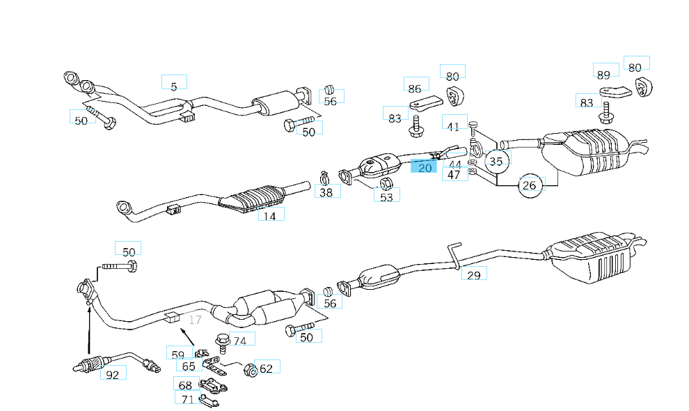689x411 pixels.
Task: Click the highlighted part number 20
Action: click(425, 167)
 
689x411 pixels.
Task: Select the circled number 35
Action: click(496, 162)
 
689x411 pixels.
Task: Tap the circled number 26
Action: click(529, 185)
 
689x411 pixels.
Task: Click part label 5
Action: click(174, 86)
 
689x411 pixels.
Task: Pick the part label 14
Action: click(270, 216)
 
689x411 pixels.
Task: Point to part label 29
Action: click(473, 274)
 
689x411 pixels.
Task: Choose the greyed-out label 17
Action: click(195, 320)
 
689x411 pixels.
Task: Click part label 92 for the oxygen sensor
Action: click(113, 374)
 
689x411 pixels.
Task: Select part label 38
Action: click(326, 192)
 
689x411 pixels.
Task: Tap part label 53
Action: click(386, 197)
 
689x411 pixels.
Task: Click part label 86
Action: click(415, 88)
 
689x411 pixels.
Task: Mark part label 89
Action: click(603, 75)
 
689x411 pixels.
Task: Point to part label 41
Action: click(454, 126)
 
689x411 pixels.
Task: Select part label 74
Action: click(239, 341)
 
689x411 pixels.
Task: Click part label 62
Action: click(266, 368)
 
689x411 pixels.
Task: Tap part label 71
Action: click(187, 399)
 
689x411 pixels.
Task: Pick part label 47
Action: click(454, 175)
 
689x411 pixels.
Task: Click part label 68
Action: click(185, 385)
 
